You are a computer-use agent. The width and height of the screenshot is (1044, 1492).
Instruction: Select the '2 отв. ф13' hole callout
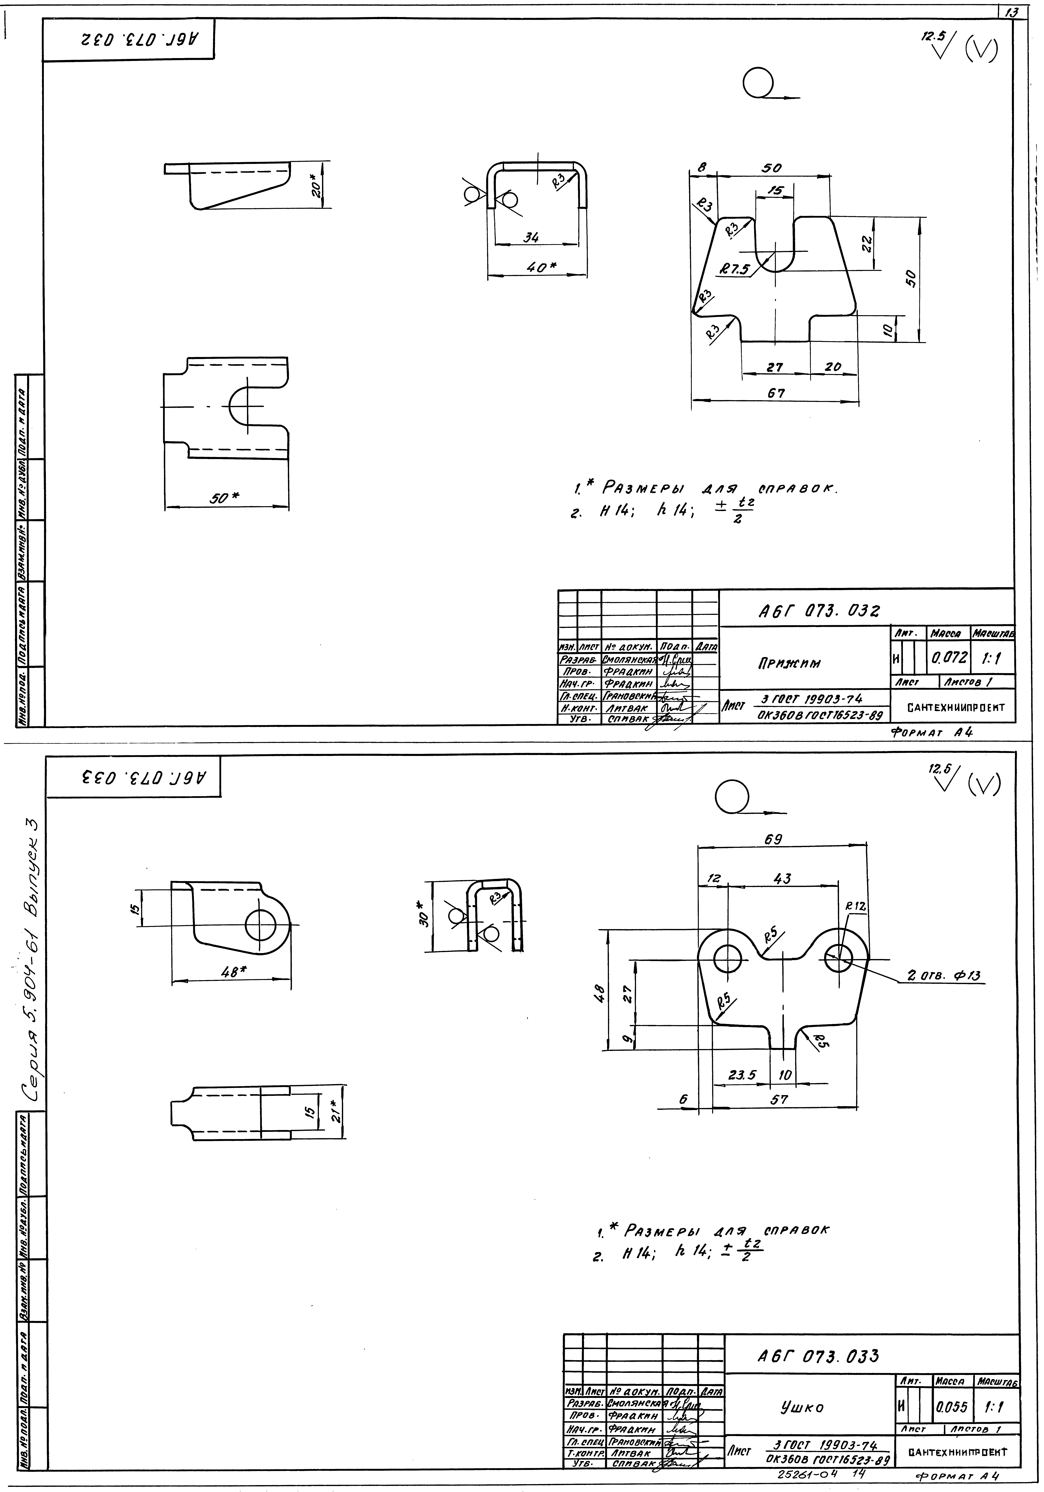coord(943,975)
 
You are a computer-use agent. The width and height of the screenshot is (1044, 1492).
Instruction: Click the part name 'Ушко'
coord(802,1407)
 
